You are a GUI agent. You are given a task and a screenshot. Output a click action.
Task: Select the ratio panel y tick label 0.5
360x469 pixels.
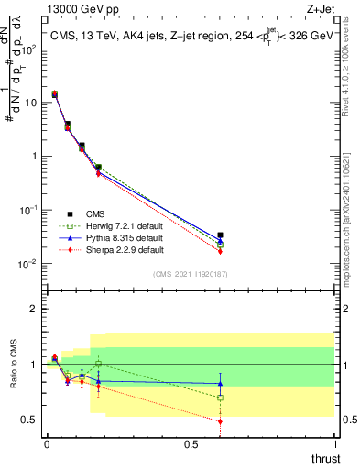[x=29, y=420]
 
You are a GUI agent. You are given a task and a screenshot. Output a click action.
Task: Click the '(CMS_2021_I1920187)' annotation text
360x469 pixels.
[x=190, y=274]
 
